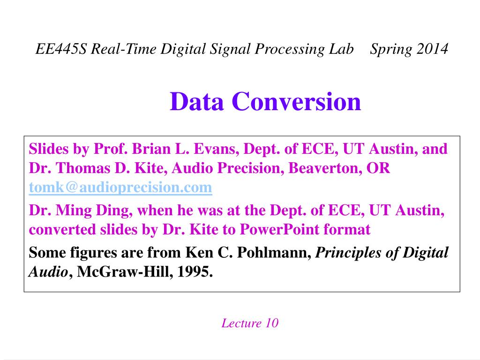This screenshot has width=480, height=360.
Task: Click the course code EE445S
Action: (x=61, y=49)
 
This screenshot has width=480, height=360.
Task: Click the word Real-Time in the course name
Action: (x=124, y=49)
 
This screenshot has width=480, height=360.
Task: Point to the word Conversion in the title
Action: (x=296, y=101)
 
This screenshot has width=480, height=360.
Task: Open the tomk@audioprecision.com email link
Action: (x=120, y=187)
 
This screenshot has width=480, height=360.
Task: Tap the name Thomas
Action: (x=83, y=168)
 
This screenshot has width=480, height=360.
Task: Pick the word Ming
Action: (x=74, y=211)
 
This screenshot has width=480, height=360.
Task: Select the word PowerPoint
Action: (x=279, y=229)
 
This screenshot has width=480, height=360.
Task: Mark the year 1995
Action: (x=195, y=271)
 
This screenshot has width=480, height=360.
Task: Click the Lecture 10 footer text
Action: (x=250, y=323)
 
